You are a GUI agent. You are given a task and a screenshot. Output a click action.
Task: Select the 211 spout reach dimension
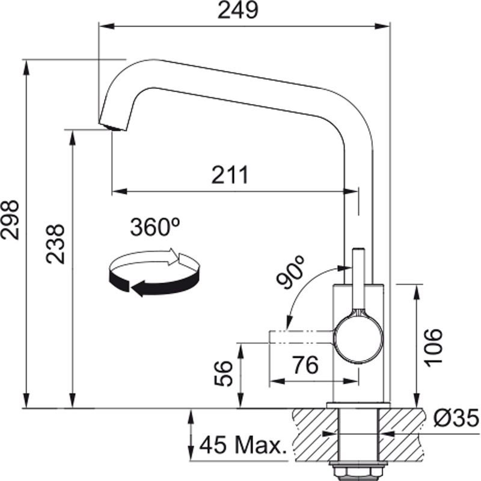(x=229, y=175)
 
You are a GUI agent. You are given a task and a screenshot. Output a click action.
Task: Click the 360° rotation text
(x=155, y=228)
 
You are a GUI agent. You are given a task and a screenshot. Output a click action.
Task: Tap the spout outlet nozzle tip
(x=112, y=125)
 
